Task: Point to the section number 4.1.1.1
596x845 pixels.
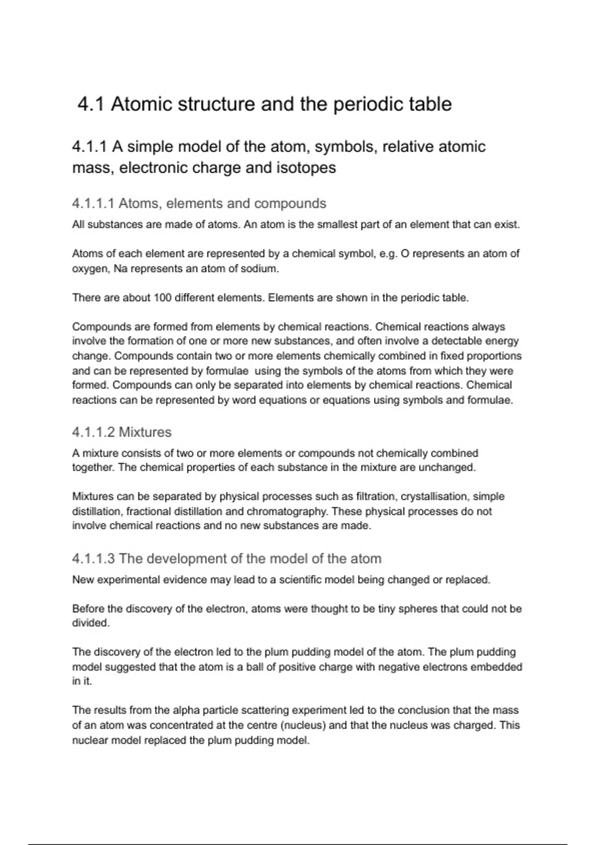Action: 93,204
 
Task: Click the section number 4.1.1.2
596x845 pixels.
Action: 93,432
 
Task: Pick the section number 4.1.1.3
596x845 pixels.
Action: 93,559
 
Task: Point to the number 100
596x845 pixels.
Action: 162,298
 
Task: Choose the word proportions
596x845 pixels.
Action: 493,356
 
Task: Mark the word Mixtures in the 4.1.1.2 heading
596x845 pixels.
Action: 145,432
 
